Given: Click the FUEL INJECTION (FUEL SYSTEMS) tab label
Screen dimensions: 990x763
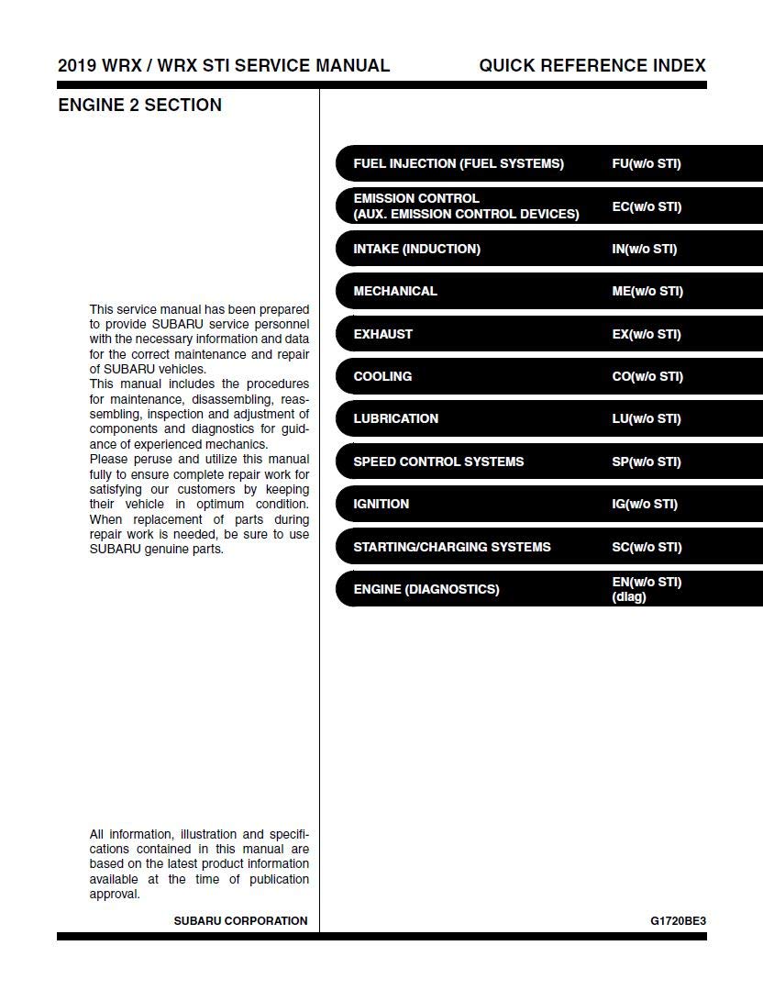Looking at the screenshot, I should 459,164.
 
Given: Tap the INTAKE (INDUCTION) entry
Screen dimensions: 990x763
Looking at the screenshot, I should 416,249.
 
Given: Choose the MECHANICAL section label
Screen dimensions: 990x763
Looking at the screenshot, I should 395,291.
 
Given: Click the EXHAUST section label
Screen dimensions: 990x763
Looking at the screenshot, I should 383,334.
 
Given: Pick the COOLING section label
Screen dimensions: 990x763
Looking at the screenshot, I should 382,376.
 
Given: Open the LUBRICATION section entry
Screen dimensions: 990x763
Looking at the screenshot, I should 396,418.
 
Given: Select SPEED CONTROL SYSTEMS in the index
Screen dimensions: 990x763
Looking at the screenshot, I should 438,462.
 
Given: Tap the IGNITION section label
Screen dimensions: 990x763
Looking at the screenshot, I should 381,504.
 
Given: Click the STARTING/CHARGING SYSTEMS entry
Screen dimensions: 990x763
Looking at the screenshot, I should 452,547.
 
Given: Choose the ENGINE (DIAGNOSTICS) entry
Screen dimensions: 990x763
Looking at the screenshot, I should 426,589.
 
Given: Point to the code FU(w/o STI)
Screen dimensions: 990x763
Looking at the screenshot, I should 647,164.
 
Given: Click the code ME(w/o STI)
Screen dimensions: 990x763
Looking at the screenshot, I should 647,291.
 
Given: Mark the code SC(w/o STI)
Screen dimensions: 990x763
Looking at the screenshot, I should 647,547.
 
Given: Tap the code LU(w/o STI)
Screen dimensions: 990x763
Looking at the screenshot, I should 647,418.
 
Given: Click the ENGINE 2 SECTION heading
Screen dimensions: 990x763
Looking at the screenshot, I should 139,106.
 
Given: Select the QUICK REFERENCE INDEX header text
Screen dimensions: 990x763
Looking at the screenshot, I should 592,66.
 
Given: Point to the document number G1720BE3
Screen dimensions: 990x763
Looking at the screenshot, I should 679,920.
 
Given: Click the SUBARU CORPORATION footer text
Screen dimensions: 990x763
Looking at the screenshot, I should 240,920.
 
